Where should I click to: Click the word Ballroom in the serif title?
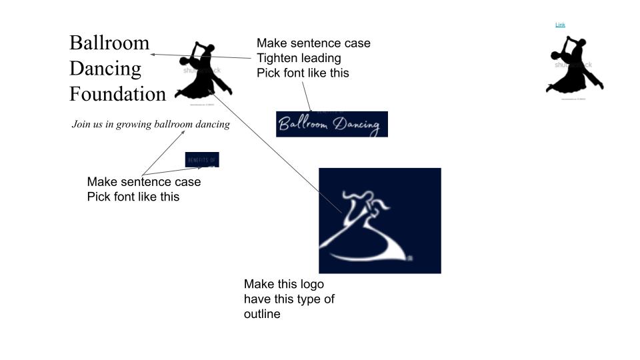109,43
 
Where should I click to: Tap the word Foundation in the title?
117,94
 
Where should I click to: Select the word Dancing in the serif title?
105,69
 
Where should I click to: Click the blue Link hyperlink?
560,25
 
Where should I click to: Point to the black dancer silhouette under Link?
573,67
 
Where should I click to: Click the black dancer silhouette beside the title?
202,72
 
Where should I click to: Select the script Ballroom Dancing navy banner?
331,124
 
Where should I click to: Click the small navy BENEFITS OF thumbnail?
202,160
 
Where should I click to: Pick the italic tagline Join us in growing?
151,124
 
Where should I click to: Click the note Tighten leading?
299,58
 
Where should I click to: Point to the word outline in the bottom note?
262,314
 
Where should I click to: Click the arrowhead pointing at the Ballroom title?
152,55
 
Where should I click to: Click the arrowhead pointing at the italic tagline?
185,132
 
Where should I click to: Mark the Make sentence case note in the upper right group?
313,43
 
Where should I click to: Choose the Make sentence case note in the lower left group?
143,182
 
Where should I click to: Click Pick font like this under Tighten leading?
303,73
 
